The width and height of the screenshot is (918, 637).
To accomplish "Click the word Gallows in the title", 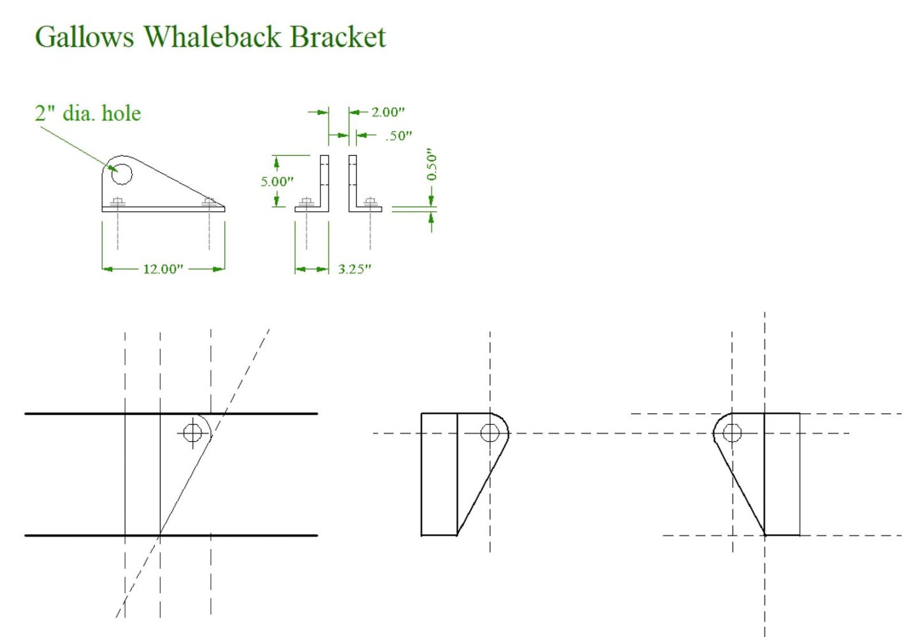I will tap(84, 37).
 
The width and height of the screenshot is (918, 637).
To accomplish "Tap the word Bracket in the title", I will tap(338, 36).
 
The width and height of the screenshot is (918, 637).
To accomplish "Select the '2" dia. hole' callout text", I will tap(87, 113).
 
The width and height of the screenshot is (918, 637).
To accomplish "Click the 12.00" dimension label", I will tap(163, 269).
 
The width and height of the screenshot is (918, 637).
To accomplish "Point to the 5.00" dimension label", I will tap(277, 182).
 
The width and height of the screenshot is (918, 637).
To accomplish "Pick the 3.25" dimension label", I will tap(354, 269).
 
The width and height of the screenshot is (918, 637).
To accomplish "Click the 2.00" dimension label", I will tap(388, 112).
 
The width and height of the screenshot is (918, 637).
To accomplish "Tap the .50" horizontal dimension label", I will tap(399, 136).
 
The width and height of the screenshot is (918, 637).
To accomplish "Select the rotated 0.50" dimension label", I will tap(432, 165).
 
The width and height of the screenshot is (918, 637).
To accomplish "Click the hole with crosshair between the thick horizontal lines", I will tap(193, 433).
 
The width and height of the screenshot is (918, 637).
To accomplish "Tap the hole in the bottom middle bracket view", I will tap(490, 433).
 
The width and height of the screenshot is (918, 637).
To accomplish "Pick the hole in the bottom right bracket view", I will tap(732, 433).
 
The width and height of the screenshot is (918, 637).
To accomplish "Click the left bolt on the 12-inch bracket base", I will tap(117, 203).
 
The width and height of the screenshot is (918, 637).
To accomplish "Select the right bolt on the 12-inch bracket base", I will tap(208, 203).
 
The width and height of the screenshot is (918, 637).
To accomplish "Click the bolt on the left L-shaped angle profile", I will tap(306, 203).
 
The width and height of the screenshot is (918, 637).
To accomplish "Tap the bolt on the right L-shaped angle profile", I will tap(370, 203).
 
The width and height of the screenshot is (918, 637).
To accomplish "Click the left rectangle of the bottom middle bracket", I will tap(439, 474).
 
